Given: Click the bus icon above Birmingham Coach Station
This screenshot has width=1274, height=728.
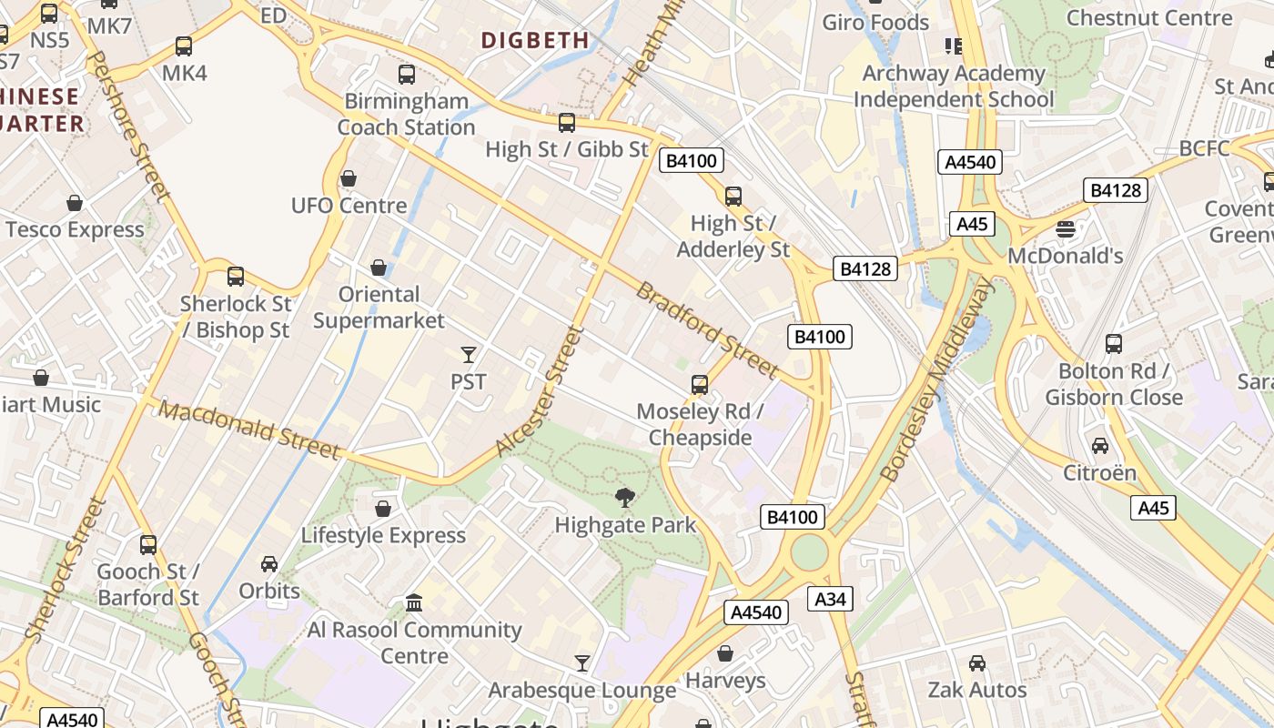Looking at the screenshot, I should [x=407, y=75].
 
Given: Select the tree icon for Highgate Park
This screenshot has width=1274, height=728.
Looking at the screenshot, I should [x=624, y=498].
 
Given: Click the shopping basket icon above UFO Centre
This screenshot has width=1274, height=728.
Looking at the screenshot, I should [x=349, y=179].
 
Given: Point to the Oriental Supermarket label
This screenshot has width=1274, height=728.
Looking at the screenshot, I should [x=379, y=308].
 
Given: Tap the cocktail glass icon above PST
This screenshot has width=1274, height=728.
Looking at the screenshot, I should [x=469, y=355].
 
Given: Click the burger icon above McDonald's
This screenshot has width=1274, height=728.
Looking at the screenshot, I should [x=1066, y=228].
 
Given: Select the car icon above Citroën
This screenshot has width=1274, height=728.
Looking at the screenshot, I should [x=1100, y=446].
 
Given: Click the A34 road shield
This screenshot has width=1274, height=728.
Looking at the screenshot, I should [x=830, y=599].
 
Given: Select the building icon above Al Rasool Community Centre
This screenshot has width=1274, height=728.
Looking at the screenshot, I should [x=414, y=602].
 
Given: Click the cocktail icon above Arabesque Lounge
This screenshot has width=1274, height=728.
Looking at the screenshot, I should [x=582, y=663].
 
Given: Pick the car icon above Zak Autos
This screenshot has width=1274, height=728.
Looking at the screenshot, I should [x=977, y=663].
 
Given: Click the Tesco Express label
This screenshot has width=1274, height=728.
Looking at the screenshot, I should [x=75, y=229].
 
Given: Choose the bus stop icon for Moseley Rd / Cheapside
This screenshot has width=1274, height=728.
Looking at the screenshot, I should [x=700, y=385].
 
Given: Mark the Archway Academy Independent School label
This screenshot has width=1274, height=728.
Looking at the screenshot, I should [x=954, y=86].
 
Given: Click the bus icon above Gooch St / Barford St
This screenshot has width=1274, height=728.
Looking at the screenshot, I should [x=148, y=545].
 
